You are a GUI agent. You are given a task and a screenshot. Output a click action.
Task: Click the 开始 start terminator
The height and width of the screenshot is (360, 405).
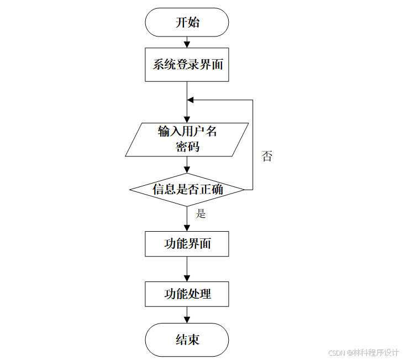point(187,23)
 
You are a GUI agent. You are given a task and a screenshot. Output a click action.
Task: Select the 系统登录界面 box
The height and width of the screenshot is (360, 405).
point(187,65)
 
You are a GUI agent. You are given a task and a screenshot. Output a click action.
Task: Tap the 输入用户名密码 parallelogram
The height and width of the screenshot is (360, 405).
point(187,139)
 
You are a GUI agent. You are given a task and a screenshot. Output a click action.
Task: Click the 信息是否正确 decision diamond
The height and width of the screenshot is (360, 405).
point(187,190)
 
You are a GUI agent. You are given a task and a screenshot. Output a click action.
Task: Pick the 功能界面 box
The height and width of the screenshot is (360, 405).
point(187,244)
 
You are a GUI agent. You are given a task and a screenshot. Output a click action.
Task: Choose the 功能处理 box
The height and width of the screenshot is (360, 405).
point(187,294)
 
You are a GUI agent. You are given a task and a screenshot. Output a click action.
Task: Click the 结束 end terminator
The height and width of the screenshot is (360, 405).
point(187,340)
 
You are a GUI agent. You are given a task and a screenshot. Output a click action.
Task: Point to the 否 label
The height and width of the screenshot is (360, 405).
point(267,156)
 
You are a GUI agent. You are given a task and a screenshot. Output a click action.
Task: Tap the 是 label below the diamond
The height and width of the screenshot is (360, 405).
point(201,213)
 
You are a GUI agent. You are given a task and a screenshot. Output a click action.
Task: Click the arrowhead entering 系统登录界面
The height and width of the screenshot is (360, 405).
point(187,44)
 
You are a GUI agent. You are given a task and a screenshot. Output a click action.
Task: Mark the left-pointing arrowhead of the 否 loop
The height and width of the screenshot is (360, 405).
point(191,100)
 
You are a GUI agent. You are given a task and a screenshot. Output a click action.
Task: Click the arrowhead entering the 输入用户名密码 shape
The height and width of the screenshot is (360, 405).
point(187,119)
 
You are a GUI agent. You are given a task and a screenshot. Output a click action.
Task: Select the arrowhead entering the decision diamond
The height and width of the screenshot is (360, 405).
point(187,169)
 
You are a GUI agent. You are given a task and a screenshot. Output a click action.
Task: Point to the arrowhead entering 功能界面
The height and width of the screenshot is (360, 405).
point(187,228)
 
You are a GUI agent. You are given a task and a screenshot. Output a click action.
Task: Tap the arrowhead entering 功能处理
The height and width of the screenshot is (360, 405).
point(187,278)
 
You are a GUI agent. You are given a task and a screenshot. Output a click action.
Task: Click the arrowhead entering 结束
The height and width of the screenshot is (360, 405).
point(187,320)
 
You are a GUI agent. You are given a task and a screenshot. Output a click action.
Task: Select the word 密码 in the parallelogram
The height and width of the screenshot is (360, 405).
point(187,147)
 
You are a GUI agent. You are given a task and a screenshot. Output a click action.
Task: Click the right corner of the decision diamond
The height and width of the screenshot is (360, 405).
point(244,190)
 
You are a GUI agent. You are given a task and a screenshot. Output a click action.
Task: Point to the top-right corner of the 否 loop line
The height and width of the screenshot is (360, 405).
point(253,100)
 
